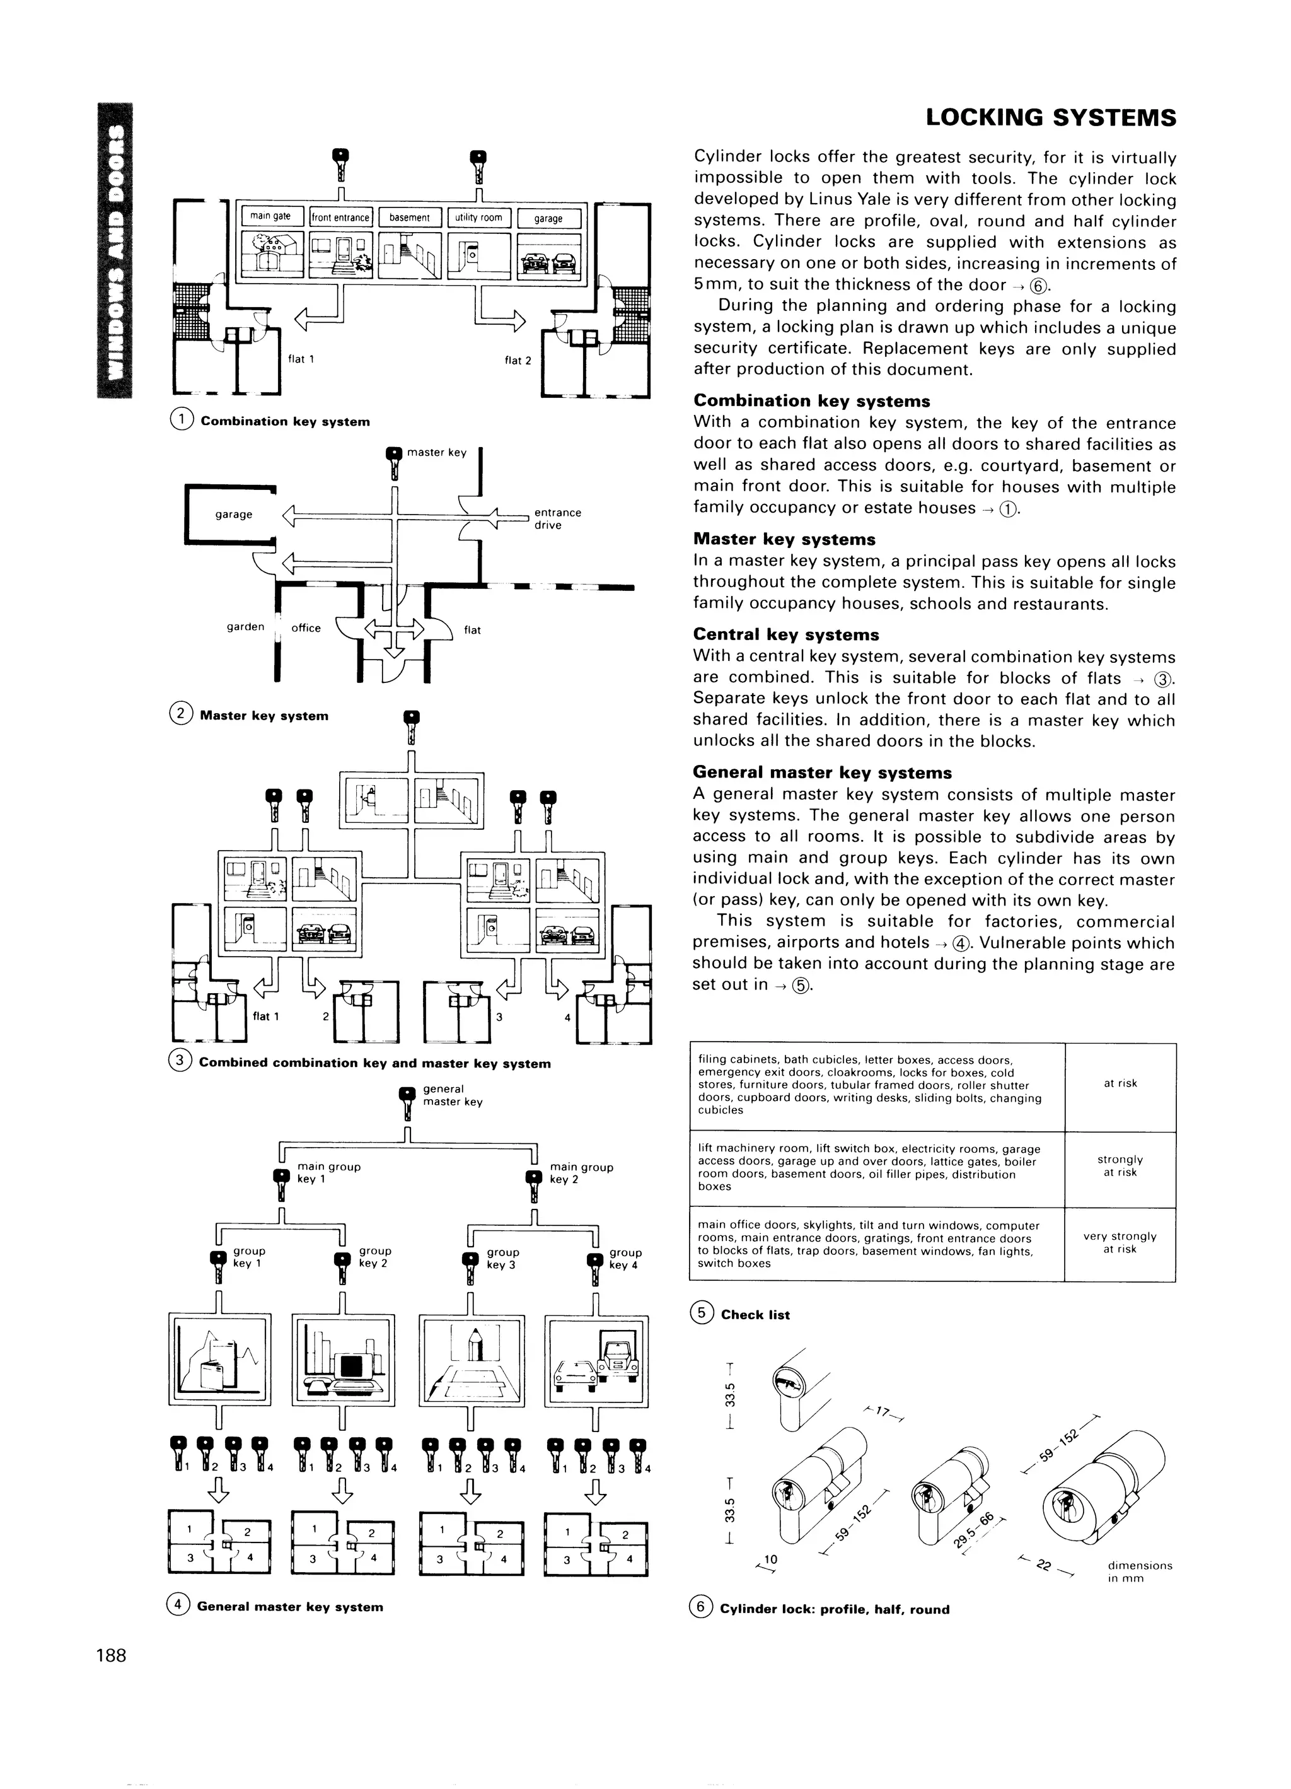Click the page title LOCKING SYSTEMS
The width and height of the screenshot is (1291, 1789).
pyautogui.click(x=1050, y=119)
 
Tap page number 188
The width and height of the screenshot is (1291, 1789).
pyautogui.click(x=111, y=1655)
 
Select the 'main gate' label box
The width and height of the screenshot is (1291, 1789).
pyautogui.click(x=270, y=217)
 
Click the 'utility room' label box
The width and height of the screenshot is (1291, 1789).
pyautogui.click(x=478, y=218)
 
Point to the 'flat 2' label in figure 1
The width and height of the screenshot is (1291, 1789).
pyautogui.click(x=518, y=361)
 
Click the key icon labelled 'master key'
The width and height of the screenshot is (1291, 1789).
pyautogui.click(x=393, y=462)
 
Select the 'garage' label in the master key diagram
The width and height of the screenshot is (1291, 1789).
pyautogui.click(x=233, y=515)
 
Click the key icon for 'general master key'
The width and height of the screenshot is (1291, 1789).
pyautogui.click(x=407, y=1102)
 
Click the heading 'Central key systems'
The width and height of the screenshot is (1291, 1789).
pyautogui.click(x=785, y=634)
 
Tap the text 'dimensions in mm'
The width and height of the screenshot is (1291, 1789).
pyautogui.click(x=1140, y=1571)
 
